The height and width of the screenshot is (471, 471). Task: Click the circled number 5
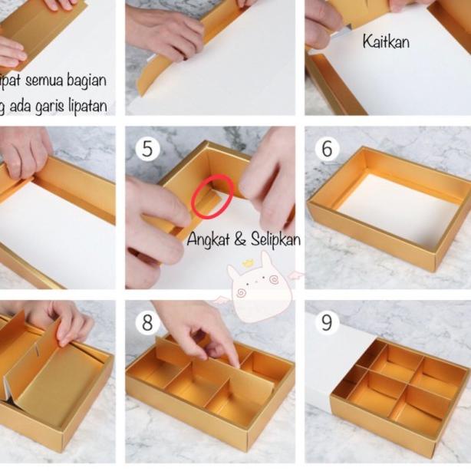[147, 147]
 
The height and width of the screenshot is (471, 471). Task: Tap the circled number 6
[327, 148]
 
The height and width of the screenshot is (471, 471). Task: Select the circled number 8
[147, 322]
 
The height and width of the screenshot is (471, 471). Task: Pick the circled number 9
[327, 322]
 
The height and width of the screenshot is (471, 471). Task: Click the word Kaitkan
[386, 41]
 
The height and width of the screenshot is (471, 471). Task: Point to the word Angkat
[209, 240]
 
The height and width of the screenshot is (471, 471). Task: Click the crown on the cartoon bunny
[249, 263]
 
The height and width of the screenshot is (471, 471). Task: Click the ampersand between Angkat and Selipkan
[239, 240]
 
